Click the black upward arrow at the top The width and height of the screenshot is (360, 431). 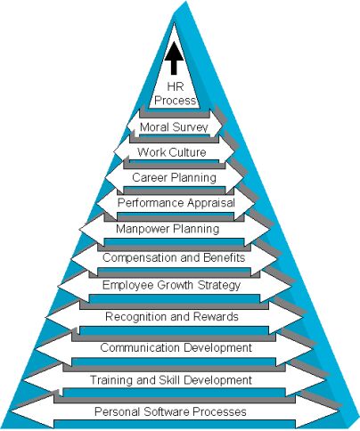pyautogui.click(x=174, y=58)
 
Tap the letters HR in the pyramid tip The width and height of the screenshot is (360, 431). pyautogui.click(x=176, y=86)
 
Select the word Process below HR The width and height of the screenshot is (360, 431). pyautogui.click(x=176, y=101)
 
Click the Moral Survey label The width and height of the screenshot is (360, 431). pyautogui.click(x=174, y=127)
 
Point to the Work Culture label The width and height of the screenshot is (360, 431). pyautogui.click(x=172, y=152)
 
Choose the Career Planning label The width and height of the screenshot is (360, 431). pyautogui.click(x=174, y=177)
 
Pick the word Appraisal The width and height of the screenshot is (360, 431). pyautogui.click(x=211, y=203)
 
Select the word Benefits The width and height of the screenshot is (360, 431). pyautogui.click(x=225, y=257)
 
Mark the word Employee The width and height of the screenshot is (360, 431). pyautogui.click(x=128, y=285)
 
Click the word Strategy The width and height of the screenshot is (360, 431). pyautogui.click(x=219, y=285)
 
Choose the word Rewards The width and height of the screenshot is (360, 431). pyautogui.click(x=216, y=316)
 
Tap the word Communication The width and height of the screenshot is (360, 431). pyautogui.click(x=141, y=347)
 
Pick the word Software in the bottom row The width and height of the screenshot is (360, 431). pyautogui.click(x=167, y=411)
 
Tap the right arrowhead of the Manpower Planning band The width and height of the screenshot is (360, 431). pyautogui.click(x=258, y=229)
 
